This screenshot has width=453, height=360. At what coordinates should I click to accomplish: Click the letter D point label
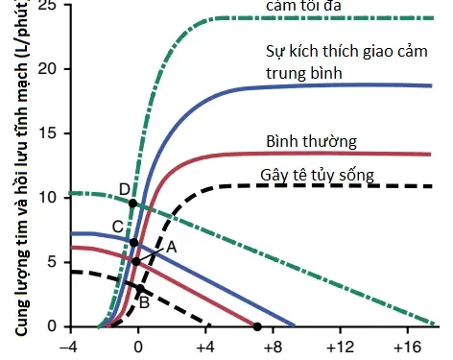tap(124, 187)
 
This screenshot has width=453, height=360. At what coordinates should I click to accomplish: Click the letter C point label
tap(117, 227)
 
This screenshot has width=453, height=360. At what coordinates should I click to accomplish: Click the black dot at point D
tap(132, 203)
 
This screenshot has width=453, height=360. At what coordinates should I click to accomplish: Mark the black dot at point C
tap(134, 243)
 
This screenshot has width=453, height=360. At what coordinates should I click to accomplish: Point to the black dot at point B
tap(140, 288)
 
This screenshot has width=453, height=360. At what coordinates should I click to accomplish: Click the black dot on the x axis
tap(257, 327)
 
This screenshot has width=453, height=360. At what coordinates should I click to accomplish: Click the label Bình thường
tap(311, 142)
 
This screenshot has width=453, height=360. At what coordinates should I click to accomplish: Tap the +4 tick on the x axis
tap(203, 346)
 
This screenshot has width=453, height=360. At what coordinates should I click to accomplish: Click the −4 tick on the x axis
tap(67, 346)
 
